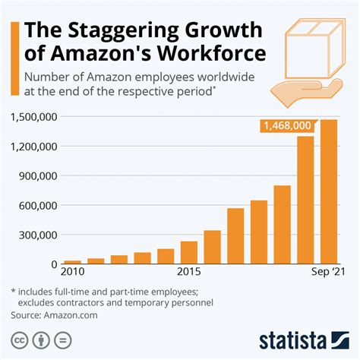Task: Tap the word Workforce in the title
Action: coord(216,55)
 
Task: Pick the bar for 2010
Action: coord(72,261)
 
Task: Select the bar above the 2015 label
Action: coord(188,252)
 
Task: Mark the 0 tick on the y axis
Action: coord(55,264)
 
